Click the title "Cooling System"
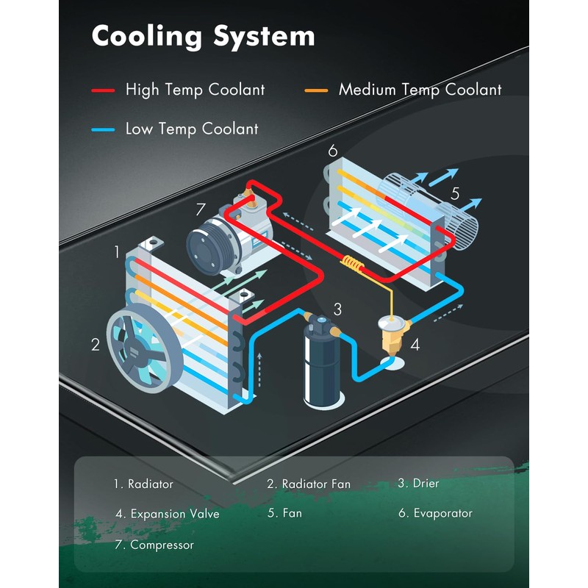[x=203, y=36]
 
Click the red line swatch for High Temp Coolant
[x=103, y=90]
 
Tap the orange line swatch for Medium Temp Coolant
[x=316, y=90]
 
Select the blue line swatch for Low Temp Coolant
[x=103, y=129]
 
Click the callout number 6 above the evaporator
[x=333, y=151]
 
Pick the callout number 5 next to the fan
[x=455, y=194]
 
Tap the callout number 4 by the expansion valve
[x=415, y=344]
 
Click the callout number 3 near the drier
[x=337, y=309]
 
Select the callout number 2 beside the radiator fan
[x=96, y=344]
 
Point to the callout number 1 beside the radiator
[x=117, y=252]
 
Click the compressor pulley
[x=208, y=251]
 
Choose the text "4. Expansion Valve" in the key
[x=168, y=514]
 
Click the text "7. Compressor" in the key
[x=154, y=545]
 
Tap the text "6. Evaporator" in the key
[x=435, y=513]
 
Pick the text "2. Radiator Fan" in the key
[x=309, y=484]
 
